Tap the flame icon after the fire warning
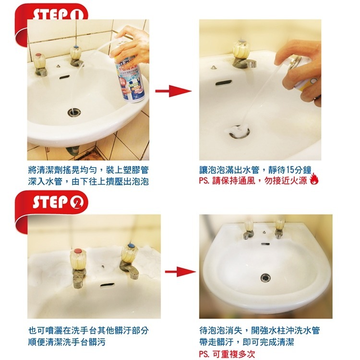(314, 180)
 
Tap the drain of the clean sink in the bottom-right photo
(264, 276)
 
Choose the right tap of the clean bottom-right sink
(279, 228)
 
